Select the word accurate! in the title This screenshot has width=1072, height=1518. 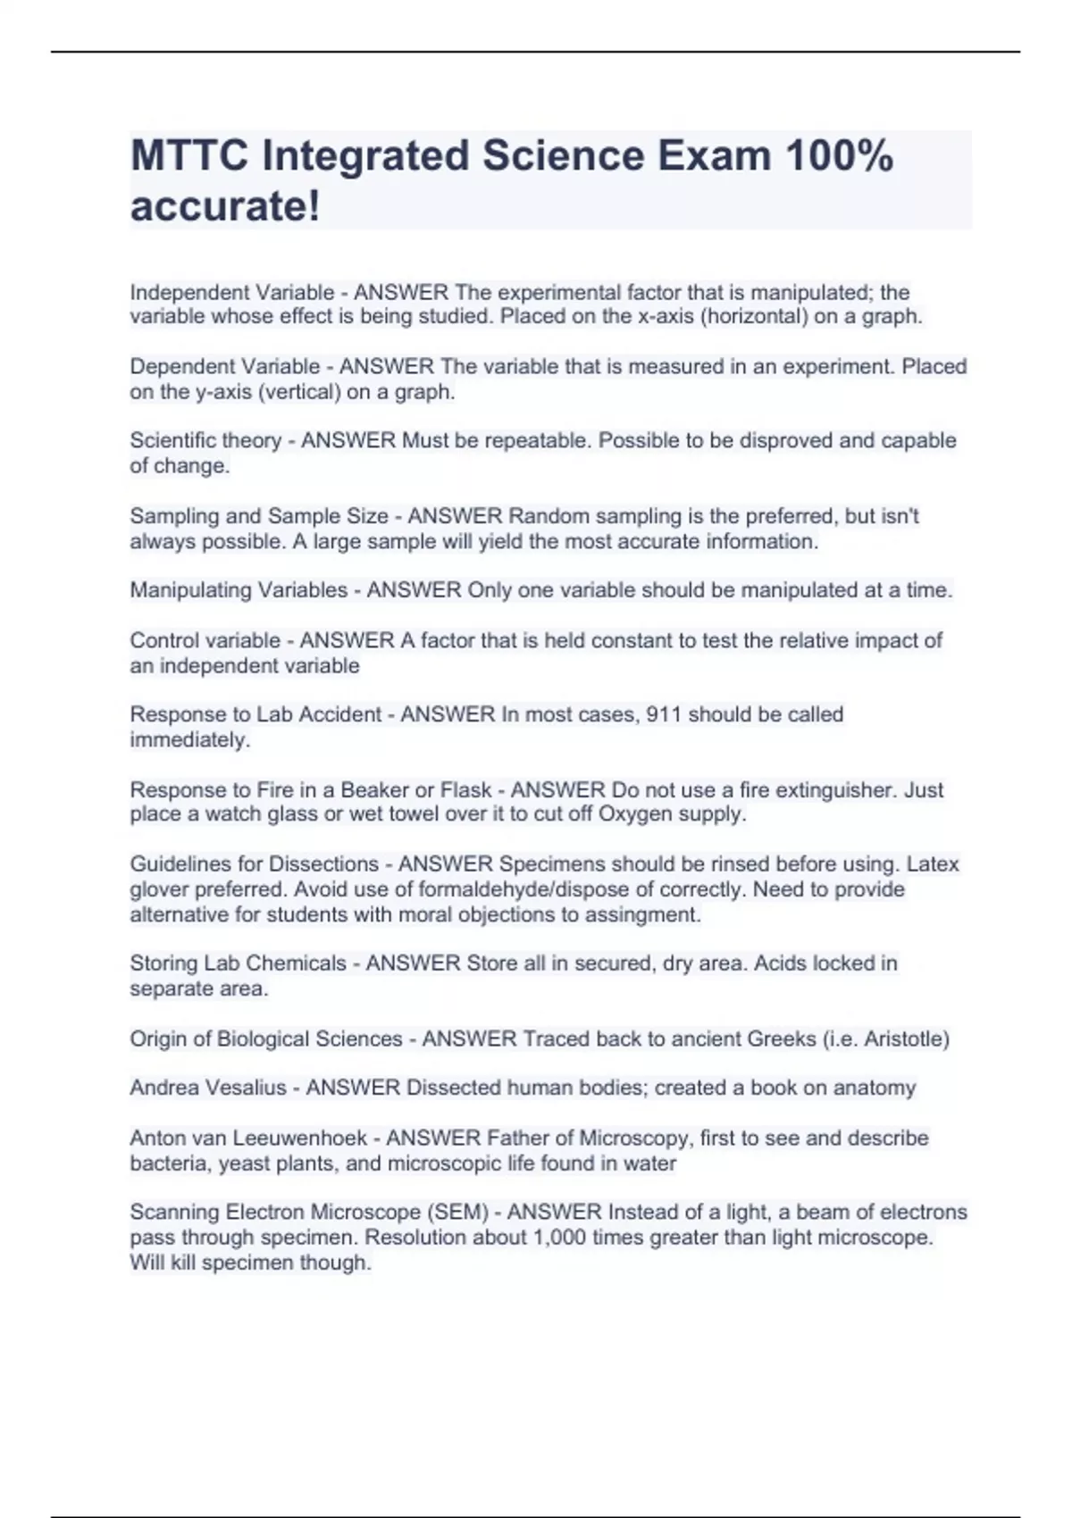coord(225,207)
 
